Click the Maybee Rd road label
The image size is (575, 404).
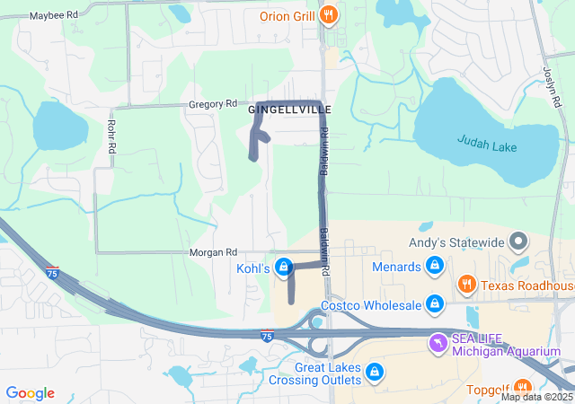[53, 16]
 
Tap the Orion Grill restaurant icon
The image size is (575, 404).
[330, 15]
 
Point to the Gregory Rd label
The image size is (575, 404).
[212, 104]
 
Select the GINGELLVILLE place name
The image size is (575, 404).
[290, 110]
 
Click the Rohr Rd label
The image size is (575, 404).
[111, 135]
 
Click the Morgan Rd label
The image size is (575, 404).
[213, 253]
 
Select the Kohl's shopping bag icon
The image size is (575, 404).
[285, 267]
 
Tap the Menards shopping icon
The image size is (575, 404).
[435, 267]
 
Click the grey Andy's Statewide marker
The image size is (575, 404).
[517, 241]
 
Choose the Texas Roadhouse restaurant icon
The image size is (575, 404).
[467, 285]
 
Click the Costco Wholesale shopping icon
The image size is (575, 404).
[435, 305]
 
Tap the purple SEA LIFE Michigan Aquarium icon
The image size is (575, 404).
[438, 342]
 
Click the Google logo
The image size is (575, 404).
[30, 393]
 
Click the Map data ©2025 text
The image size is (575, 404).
[536, 397]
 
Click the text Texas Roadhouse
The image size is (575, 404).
[527, 286]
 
